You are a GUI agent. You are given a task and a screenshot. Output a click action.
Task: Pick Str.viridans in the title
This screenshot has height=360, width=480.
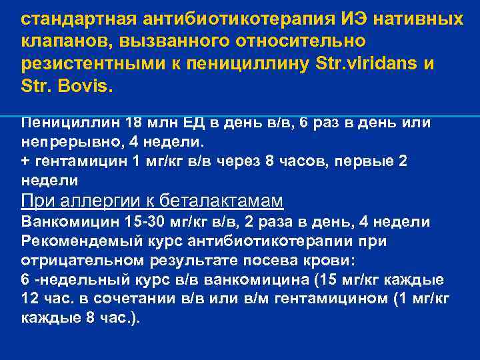[x=371, y=64]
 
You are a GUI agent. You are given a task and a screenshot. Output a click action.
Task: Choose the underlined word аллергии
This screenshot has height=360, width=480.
[x=99, y=201]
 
